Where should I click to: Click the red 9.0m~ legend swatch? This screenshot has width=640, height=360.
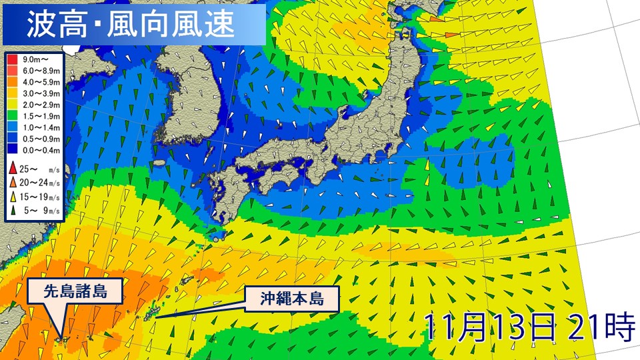click(x=13, y=59)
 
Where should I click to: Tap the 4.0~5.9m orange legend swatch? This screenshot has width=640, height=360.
click(x=13, y=81)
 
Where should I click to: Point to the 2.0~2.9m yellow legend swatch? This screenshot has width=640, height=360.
click(x=13, y=105)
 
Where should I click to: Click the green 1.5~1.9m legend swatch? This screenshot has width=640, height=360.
click(x=13, y=116)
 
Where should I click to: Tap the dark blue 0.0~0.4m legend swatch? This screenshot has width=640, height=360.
click(x=13, y=151)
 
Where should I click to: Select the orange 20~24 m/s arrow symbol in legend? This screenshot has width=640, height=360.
click(x=13, y=183)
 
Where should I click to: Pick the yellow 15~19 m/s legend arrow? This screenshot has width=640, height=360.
click(x=13, y=197)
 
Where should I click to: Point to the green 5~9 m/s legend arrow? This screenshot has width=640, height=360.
click(x=13, y=213)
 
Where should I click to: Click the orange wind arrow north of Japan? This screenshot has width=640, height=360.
click(x=451, y=34)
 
